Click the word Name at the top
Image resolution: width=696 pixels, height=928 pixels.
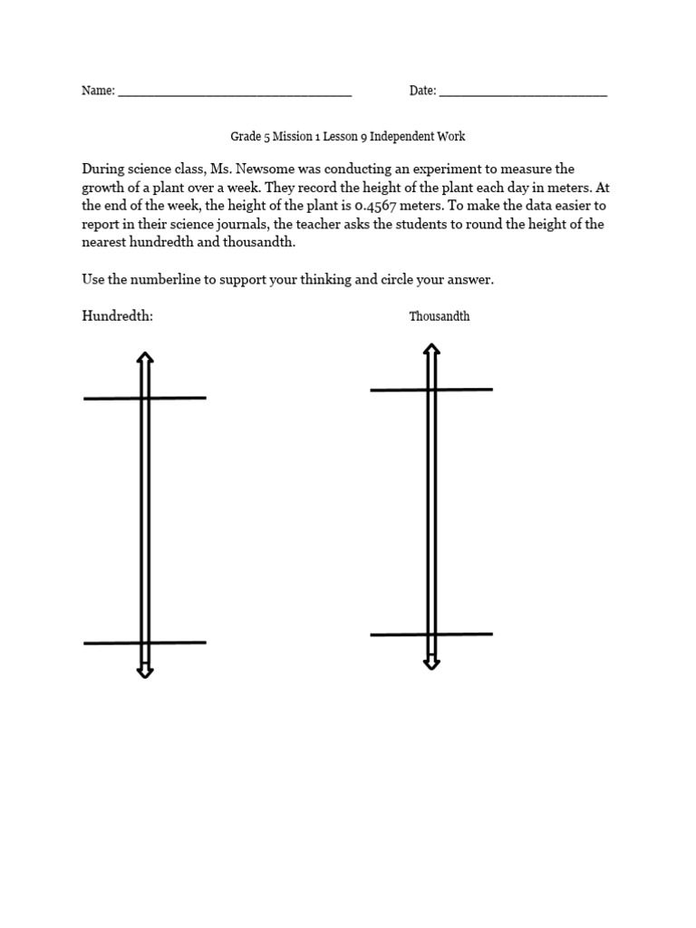(97, 91)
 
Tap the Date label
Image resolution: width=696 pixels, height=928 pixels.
(421, 91)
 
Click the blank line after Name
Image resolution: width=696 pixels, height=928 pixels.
(235, 93)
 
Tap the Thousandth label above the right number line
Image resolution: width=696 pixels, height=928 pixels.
(440, 316)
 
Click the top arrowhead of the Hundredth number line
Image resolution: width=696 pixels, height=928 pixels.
(144, 359)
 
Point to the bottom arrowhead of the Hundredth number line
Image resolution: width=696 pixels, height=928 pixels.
(144, 671)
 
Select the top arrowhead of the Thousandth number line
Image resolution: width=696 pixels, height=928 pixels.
(431, 350)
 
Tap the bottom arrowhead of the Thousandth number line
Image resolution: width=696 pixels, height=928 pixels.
(431, 662)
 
